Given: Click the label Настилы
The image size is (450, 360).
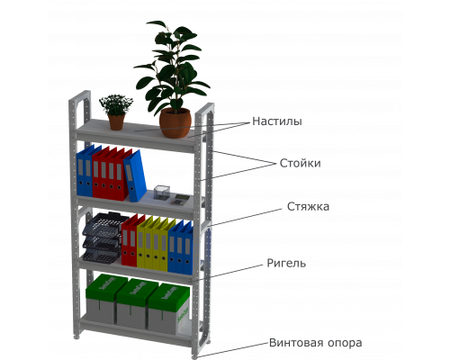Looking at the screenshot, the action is coord(277,121).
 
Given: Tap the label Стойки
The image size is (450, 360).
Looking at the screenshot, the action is coord(300,163).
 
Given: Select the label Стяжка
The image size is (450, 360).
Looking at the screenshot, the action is coord(308,206).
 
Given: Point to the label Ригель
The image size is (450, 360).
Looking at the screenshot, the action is coord(286,263).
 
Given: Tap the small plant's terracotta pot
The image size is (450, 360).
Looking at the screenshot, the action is coord(116,122).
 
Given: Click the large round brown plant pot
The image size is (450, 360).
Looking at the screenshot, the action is coord(175,122).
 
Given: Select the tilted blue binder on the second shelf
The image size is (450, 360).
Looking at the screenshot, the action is coord(135,175).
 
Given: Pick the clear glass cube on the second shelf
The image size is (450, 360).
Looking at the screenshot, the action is coord(162,192).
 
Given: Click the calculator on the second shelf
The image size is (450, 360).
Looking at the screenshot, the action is coord(181,199).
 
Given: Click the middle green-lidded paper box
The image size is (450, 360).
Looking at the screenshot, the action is coord(134,303).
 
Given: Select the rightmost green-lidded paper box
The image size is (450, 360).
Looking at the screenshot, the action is coord(168,309).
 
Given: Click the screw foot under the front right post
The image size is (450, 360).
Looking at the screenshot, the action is coord(195,356).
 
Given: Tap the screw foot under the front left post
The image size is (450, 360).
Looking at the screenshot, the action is coord(76,337).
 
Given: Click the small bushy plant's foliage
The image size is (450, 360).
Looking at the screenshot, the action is coord(116,104).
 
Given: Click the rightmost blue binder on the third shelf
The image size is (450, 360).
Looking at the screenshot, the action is coord(188,249).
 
